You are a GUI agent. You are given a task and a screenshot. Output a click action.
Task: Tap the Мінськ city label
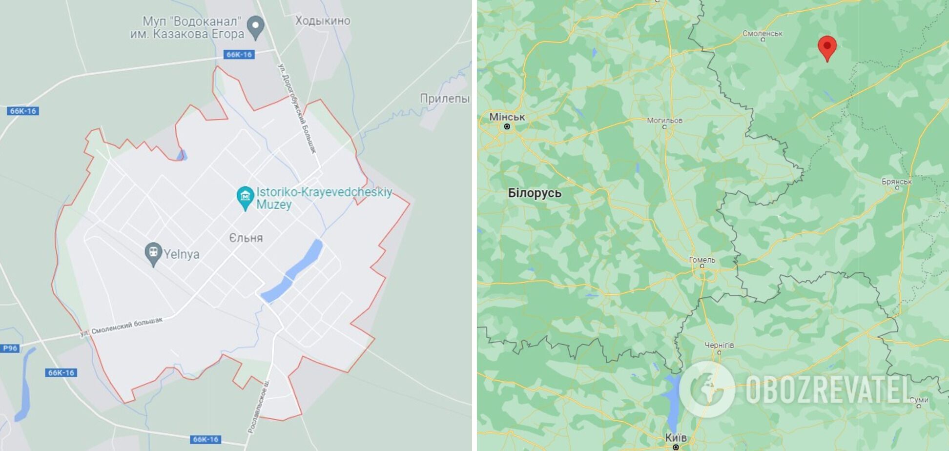[507, 117]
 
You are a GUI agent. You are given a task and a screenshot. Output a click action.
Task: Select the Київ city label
[676, 437]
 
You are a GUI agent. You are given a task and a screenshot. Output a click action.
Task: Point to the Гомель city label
[702, 260]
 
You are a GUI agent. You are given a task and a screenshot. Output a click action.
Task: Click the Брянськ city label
[896, 182]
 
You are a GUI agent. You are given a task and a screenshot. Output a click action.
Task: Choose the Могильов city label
[664, 120]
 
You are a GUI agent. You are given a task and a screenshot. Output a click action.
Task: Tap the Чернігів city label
[719, 345]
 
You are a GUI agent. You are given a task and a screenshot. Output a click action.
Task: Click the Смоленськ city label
[762, 34]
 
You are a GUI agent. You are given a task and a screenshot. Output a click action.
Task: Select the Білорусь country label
[535, 193]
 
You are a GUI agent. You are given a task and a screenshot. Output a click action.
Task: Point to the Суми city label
[919, 400]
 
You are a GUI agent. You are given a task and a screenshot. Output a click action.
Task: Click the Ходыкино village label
[323, 20]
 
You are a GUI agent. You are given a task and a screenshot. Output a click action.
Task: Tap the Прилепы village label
[444, 99]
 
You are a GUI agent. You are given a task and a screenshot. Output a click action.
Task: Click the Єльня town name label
[246, 238]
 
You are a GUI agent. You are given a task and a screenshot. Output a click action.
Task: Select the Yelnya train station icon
[153, 253]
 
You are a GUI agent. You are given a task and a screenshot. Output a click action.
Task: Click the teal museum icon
[245, 197]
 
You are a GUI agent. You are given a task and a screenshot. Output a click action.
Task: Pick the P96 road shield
[10, 348]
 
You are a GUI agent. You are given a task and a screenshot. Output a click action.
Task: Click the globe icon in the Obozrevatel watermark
[706, 389]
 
